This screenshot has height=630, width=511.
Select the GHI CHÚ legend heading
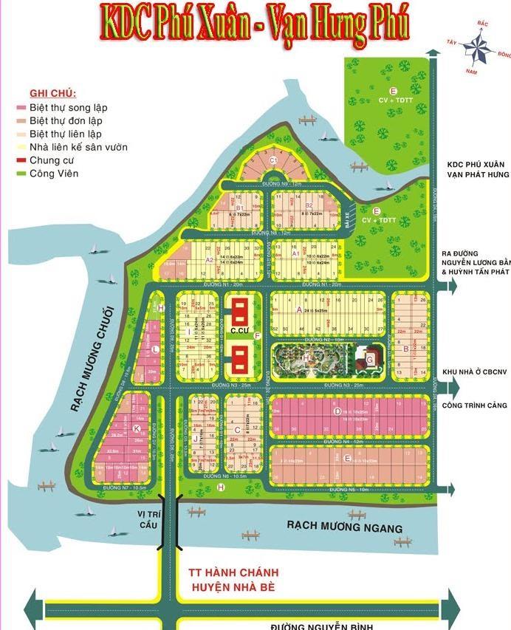coord(53,94)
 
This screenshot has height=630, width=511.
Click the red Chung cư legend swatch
coord(21,160)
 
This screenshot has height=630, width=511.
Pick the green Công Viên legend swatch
coord(21,174)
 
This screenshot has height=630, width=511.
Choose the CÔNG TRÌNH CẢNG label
coord(474,405)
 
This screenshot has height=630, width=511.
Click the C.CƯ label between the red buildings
coord(237,332)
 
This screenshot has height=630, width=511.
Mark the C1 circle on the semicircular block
coord(272,160)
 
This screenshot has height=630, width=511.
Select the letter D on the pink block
coord(337,411)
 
